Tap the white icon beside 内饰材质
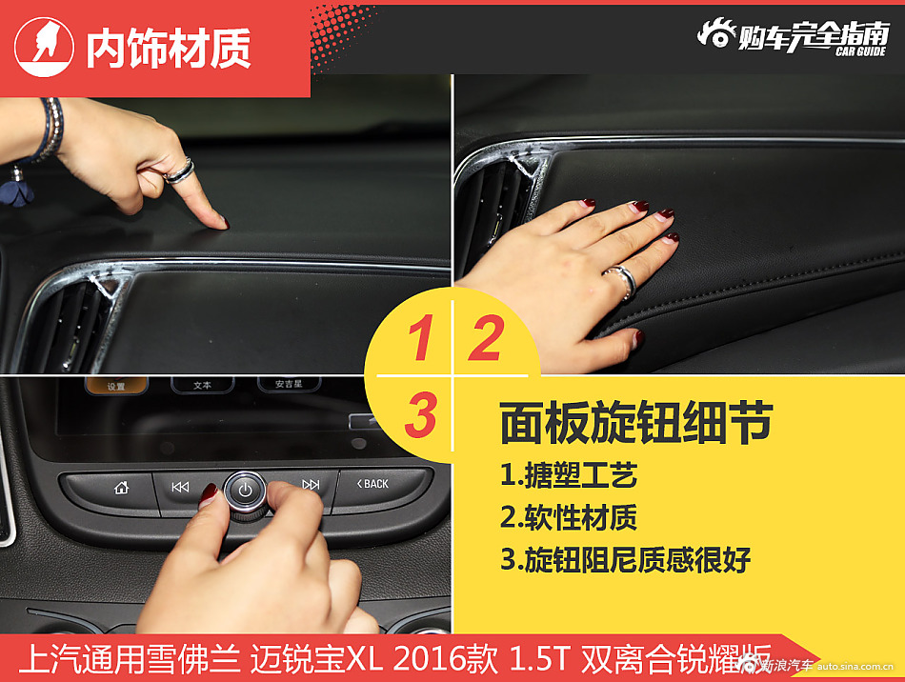[x=43, y=44]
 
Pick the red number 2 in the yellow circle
[x=485, y=339]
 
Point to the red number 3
[x=419, y=415]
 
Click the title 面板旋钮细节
[x=635, y=424]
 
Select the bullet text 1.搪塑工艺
[x=568, y=474]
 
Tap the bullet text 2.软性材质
[x=568, y=517]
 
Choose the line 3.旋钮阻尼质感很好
[x=625, y=560]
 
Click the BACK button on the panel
[x=373, y=484]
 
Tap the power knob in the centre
[x=245, y=491]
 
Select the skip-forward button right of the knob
[x=311, y=485]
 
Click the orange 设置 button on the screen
[x=116, y=386]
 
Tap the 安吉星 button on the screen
[x=288, y=384]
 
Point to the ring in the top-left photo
[x=179, y=170]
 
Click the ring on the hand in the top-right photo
[x=620, y=280]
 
